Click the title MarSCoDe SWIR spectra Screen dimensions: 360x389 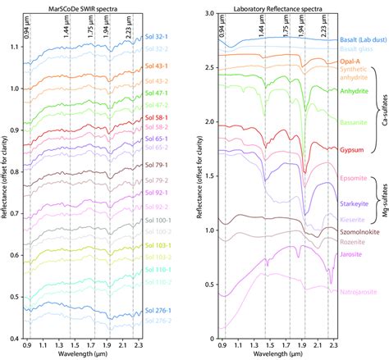80,7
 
